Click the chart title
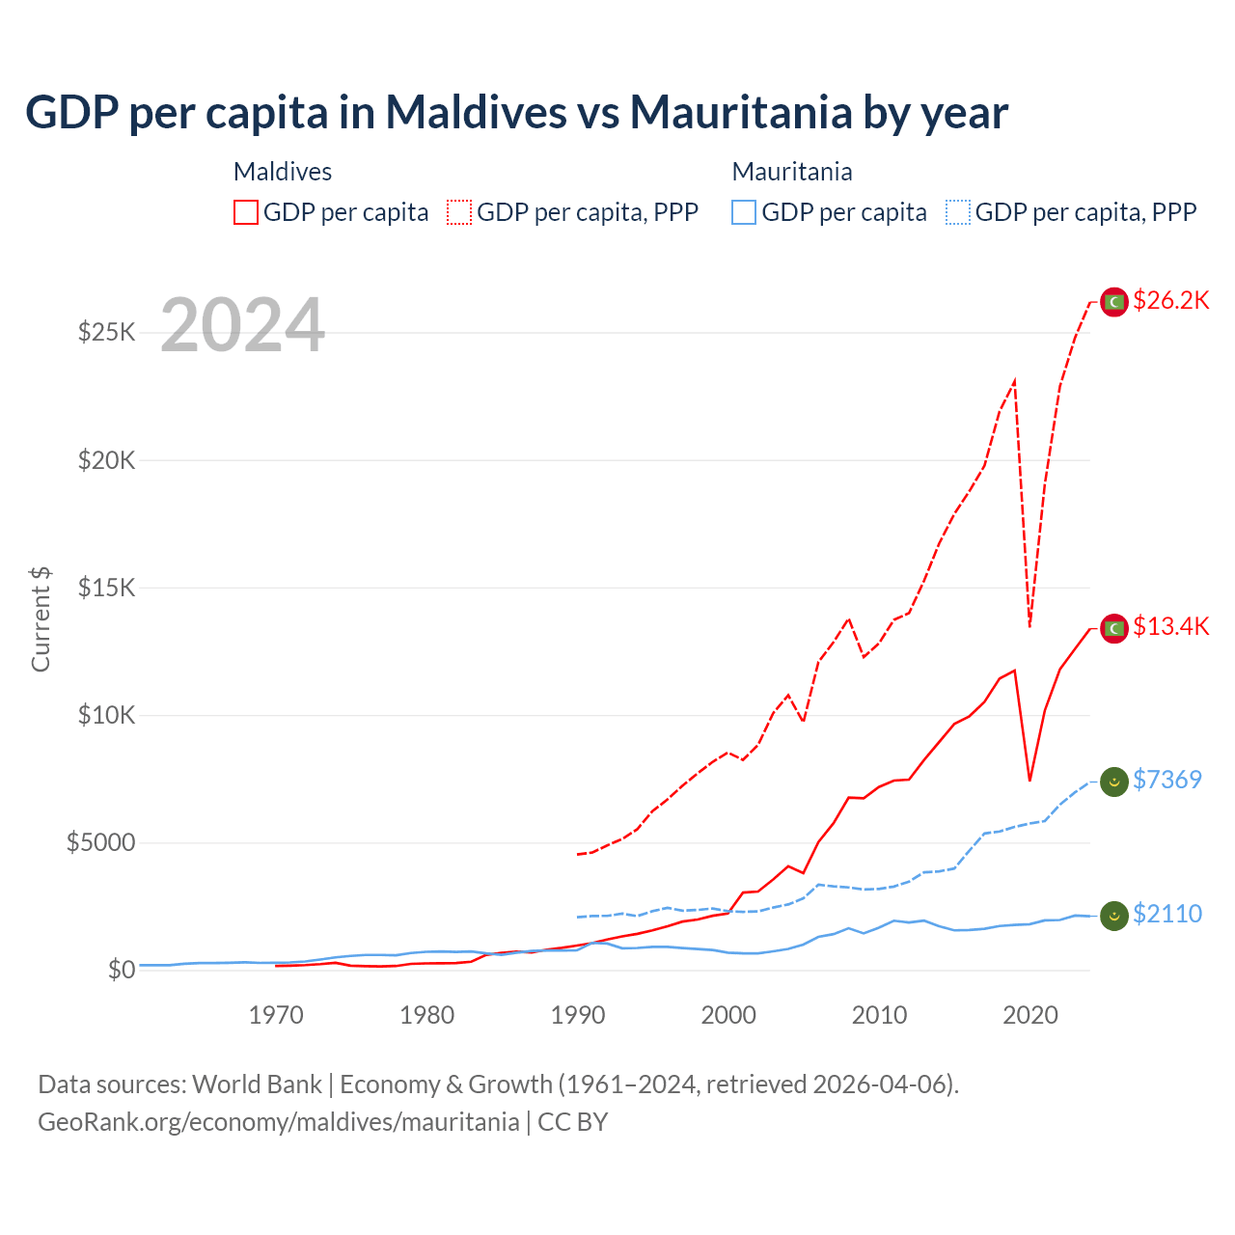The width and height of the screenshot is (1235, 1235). click(x=516, y=113)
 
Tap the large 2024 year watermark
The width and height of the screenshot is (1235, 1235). click(x=242, y=325)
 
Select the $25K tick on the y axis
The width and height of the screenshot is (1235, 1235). click(x=107, y=333)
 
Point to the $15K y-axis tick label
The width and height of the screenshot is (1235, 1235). click(x=107, y=588)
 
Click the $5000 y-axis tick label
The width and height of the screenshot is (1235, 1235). click(x=101, y=842)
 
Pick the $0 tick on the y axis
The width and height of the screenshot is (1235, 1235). click(x=122, y=970)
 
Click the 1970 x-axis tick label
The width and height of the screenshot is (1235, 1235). click(x=276, y=1015)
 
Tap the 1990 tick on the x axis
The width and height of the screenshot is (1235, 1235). click(x=578, y=1015)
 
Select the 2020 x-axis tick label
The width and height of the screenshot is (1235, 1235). click(x=1030, y=1015)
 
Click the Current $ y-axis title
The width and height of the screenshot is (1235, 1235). click(x=41, y=619)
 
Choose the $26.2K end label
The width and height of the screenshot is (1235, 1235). click(x=1170, y=301)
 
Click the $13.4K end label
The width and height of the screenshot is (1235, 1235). click(x=1170, y=627)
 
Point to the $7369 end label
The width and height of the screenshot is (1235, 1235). click(x=1166, y=780)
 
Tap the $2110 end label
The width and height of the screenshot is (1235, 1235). click(x=1166, y=914)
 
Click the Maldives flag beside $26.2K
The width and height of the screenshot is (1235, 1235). click(x=1114, y=302)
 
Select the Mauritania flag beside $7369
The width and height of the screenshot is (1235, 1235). click(x=1114, y=782)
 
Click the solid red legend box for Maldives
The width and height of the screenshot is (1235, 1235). click(x=246, y=212)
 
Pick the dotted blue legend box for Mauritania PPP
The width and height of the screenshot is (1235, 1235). click(x=958, y=212)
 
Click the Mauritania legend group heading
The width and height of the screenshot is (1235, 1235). click(x=792, y=172)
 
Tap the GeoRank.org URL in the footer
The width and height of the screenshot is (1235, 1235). click(x=278, y=1122)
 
